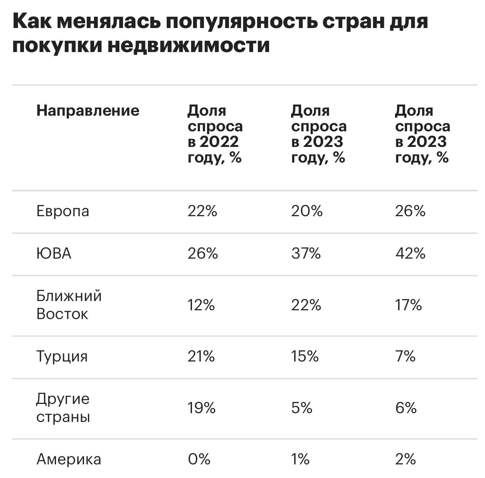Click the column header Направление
[88, 110]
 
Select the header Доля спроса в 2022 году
[215, 134]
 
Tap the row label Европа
[63, 211]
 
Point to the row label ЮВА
[54, 254]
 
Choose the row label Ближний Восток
[69, 305]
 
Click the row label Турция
[62, 356]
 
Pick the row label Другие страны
[63, 408]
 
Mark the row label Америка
[68, 459]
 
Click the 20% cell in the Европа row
[307, 211]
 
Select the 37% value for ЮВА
[306, 254]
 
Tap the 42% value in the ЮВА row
[410, 254]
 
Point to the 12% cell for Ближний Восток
[201, 305]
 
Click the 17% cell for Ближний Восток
[408, 305]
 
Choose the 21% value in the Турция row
[201, 356]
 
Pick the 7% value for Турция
[405, 356]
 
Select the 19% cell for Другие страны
[202, 408]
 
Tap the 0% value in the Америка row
[199, 459]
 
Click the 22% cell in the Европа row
[202, 211]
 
